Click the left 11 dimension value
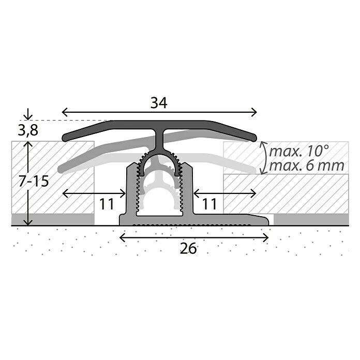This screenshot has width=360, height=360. coord(107,204)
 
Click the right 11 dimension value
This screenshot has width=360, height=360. coord(209,204)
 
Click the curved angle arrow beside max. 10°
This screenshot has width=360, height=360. coord(264,157)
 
